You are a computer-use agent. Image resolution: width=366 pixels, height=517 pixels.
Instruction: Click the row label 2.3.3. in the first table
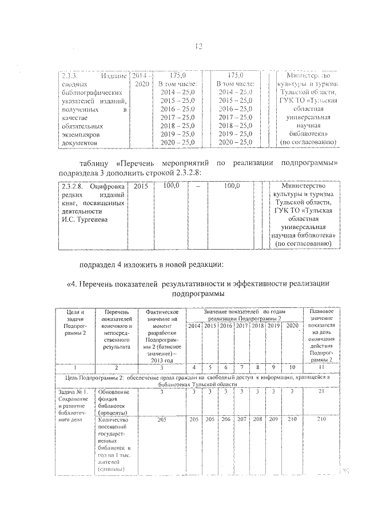point(69,75)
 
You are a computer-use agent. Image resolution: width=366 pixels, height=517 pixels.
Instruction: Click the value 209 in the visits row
point(273,419)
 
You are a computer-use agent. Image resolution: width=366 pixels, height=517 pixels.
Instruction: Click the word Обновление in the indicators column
point(114,392)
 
